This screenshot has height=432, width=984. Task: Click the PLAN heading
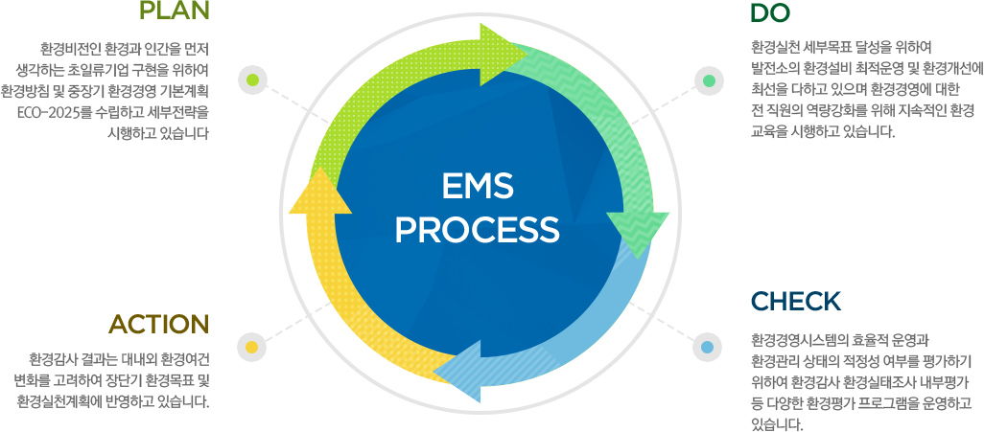tap(175, 12)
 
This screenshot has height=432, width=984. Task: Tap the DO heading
tap(771, 13)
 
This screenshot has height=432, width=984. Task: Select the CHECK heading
tap(796, 301)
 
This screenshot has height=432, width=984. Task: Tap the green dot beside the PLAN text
tap(252, 79)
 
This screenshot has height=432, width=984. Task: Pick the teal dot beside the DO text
tap(709, 80)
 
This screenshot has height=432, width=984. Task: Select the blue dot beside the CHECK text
tap(708, 346)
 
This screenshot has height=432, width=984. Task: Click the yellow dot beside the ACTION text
tap(252, 346)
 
